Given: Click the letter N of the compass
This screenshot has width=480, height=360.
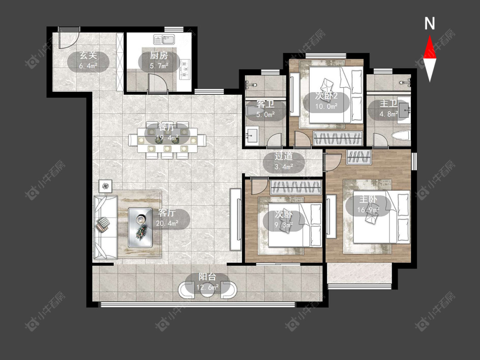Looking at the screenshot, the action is pos(430,23).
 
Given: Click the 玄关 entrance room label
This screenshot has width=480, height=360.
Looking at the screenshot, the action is pos(88,55).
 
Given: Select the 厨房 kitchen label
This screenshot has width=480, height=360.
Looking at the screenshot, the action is pos(159,55).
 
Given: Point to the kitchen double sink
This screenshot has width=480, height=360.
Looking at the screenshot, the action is pos(164,39).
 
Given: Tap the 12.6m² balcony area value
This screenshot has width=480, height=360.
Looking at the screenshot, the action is pos(207,287).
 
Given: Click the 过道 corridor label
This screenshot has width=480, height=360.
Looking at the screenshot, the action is pos(283,156).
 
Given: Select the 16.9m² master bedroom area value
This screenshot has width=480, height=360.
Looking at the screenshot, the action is pos(368,210).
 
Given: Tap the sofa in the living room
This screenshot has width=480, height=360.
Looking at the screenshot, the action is pos(105,227).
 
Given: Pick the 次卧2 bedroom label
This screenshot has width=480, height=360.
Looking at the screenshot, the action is pos(326,96).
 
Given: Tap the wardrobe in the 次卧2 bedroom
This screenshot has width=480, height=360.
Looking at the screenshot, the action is pos(338,138).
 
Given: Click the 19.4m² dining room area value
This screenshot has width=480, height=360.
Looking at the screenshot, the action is pos(167,138).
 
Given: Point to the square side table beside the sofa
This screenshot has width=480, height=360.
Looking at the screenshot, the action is pos(106,186).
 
